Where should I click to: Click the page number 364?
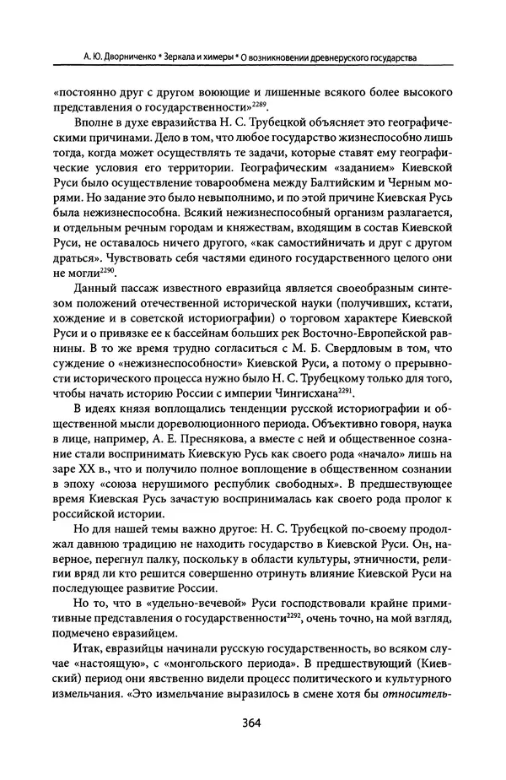tap(254, 747)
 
